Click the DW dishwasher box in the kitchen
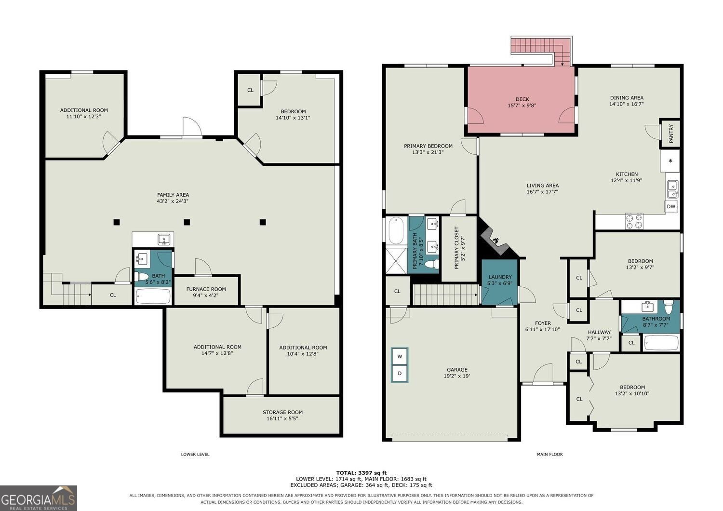671,207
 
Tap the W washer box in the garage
400,357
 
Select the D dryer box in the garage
400,374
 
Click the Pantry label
671,134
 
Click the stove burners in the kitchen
634,221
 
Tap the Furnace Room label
206,289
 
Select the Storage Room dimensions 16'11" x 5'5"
282,418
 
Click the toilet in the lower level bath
141,276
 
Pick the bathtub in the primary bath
396,230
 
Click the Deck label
522,99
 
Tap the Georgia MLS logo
39,498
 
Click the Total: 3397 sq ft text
361,473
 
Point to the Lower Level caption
195,454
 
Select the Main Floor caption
549,454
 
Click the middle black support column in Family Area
187,222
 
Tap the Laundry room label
500,277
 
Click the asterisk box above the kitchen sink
670,161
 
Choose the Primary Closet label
456,248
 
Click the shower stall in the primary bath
397,260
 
